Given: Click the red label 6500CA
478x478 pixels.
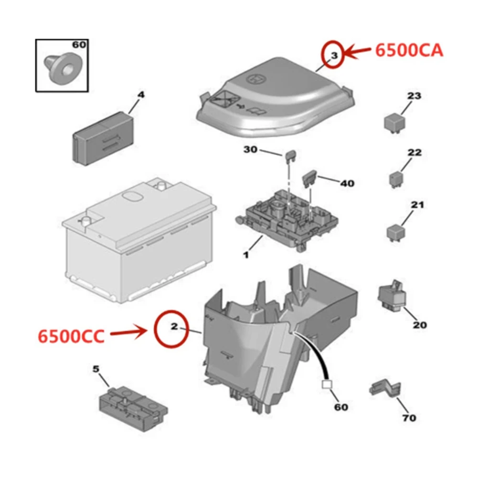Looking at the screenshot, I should coord(409,50).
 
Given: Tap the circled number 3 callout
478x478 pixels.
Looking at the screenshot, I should coord(334,55).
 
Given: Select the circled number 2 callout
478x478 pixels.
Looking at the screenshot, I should coord(174,327).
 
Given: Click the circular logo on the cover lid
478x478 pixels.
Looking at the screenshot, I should coord(257,78).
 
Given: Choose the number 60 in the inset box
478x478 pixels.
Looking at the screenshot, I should coord(79,45).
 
